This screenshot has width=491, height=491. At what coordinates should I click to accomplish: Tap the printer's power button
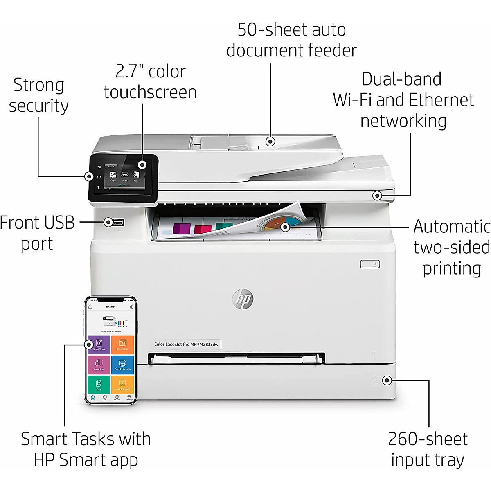pos(370,264)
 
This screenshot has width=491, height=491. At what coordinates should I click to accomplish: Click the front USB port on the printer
pos(118,222)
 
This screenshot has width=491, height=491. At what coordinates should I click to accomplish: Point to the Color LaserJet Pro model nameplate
pos(187,345)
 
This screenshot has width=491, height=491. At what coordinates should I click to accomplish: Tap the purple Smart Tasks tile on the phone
pos(99,344)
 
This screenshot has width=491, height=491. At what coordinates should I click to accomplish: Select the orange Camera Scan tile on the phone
pos(123,344)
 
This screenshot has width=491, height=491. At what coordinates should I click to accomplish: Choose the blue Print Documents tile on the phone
pos(123,364)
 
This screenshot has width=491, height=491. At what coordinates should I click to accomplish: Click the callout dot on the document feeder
pos(270,142)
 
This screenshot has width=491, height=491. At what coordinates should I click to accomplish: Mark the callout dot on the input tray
pos(387,381)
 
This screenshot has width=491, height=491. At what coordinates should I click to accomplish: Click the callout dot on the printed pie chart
pos(285,227)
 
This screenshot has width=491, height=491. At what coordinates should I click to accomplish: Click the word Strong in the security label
pos(39,85)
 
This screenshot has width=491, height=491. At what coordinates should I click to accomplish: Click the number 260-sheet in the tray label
pos(428,439)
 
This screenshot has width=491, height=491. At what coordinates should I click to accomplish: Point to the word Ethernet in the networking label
pos(441,100)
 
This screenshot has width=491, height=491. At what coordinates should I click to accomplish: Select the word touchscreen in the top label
pos(150,92)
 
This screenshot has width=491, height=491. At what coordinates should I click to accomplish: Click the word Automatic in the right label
pos(452,226)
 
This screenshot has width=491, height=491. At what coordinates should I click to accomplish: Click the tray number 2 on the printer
pos(375,380)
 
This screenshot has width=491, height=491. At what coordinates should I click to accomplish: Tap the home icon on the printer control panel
pos(99,177)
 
